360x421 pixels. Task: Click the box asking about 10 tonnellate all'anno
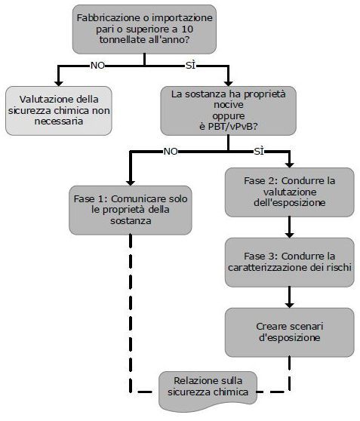tap(145, 29)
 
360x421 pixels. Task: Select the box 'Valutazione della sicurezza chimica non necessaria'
tap(59, 111)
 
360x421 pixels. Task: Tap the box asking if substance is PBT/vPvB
tap(229, 111)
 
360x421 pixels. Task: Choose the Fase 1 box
tap(131, 210)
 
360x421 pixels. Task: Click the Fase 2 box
tap(289, 192)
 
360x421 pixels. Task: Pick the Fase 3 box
tap(289, 263)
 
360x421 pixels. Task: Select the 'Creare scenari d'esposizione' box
tap(289, 333)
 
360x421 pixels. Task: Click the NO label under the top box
tap(97, 65)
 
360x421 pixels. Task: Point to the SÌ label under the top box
tap(190, 65)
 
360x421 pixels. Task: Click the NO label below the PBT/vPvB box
tap(171, 152)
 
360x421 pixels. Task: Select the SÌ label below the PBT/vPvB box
tap(259, 152)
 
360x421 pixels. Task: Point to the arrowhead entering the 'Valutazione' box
tap(59, 83)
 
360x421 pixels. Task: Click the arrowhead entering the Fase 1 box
tap(131, 183)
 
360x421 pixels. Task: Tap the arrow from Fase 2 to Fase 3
tap(289, 227)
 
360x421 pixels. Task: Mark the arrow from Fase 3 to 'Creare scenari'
tap(289, 297)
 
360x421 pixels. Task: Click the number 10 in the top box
tap(187, 29)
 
